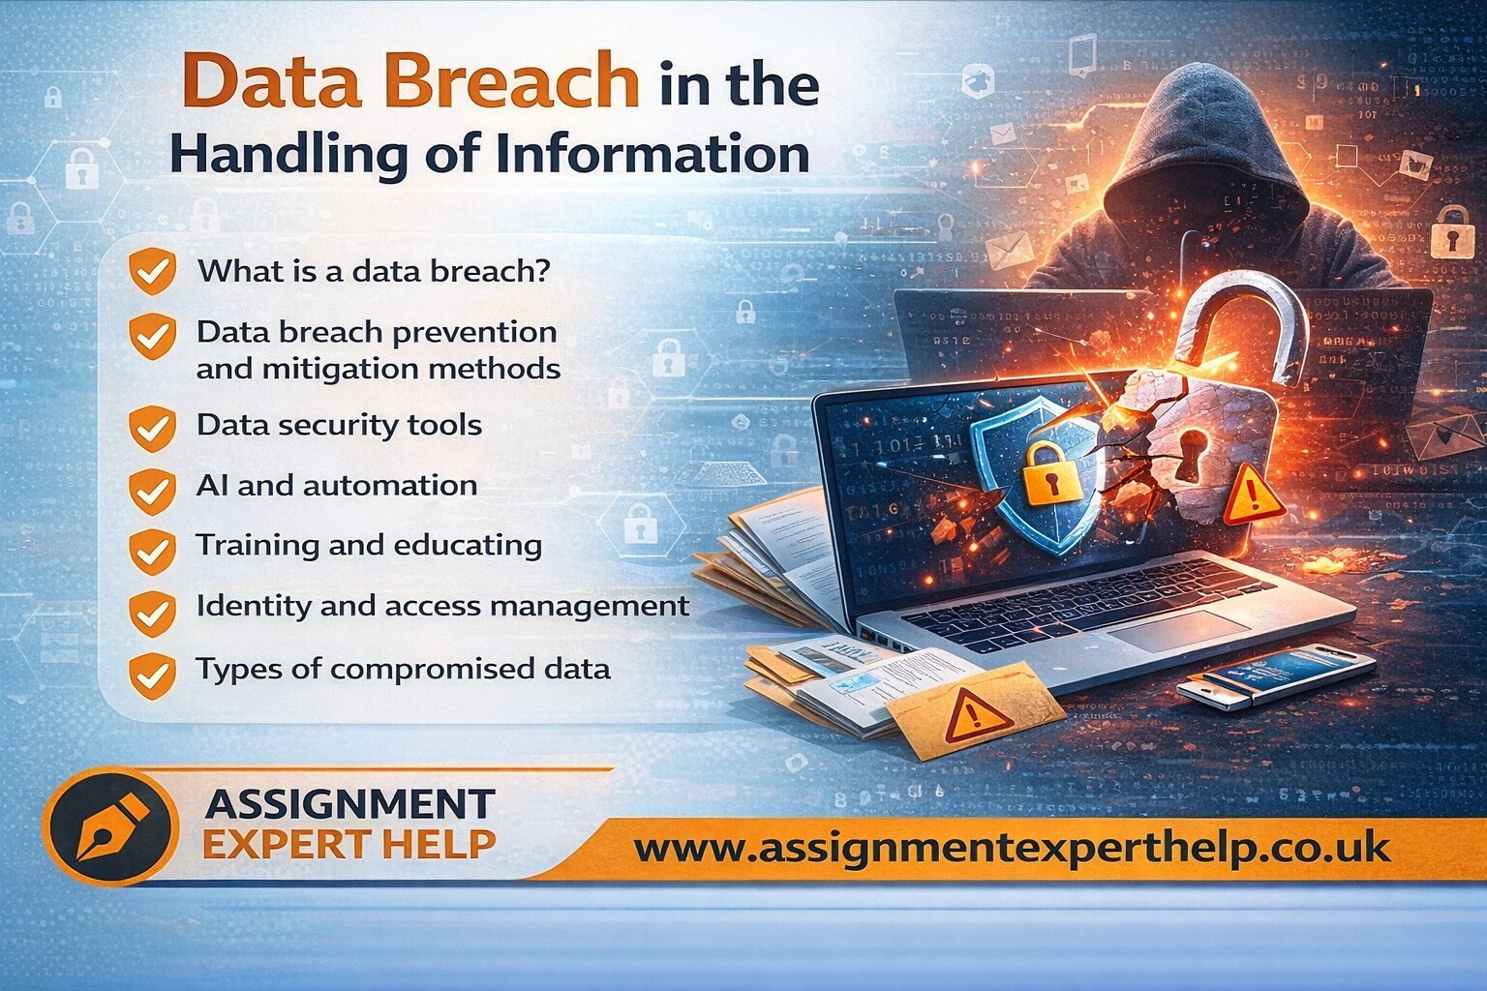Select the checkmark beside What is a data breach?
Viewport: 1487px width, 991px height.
click(x=153, y=271)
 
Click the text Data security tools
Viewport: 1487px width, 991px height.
click(x=339, y=426)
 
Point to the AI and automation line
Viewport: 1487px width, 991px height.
click(x=337, y=485)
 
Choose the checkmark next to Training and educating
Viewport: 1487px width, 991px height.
click(x=153, y=552)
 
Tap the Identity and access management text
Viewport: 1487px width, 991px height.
click(x=442, y=606)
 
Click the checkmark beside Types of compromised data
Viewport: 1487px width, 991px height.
click(x=153, y=676)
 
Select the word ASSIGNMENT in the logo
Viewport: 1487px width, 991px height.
click(x=349, y=804)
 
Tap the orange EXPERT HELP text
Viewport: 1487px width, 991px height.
click(x=349, y=844)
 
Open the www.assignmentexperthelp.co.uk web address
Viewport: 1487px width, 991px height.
click(x=1012, y=849)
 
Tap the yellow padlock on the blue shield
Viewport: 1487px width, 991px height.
click(x=1048, y=472)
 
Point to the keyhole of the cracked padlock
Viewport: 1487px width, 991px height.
click(x=1192, y=454)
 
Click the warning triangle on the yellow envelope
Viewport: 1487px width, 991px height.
click(x=973, y=716)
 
